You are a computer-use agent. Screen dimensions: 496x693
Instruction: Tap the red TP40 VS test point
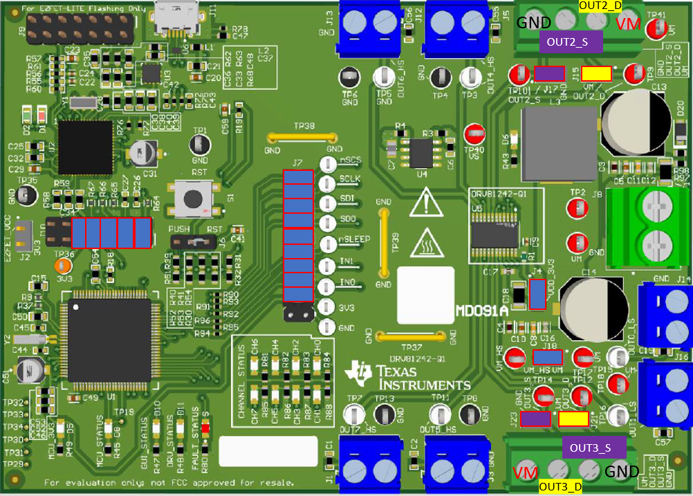(474, 132)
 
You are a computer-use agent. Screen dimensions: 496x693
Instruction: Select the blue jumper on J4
(537, 293)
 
